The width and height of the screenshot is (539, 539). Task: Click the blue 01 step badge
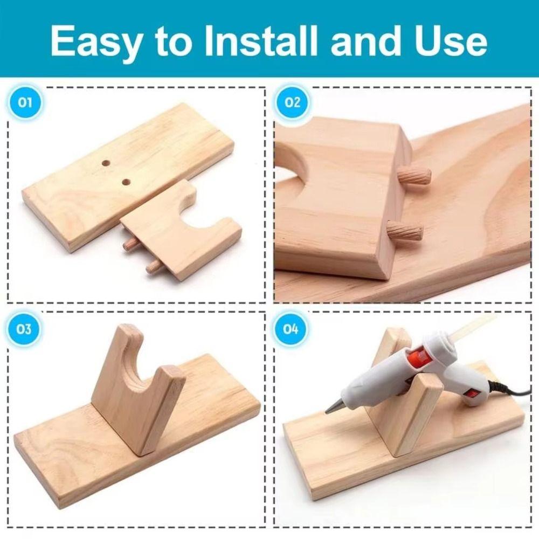click(25, 102)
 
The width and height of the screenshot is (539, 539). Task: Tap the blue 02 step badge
click(292, 102)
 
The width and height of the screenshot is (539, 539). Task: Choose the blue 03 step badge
click(25, 328)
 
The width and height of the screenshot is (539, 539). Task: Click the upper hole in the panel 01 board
click(106, 162)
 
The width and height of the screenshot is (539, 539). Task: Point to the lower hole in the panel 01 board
click(126, 182)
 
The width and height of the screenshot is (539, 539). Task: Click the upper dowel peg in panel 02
click(415, 176)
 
